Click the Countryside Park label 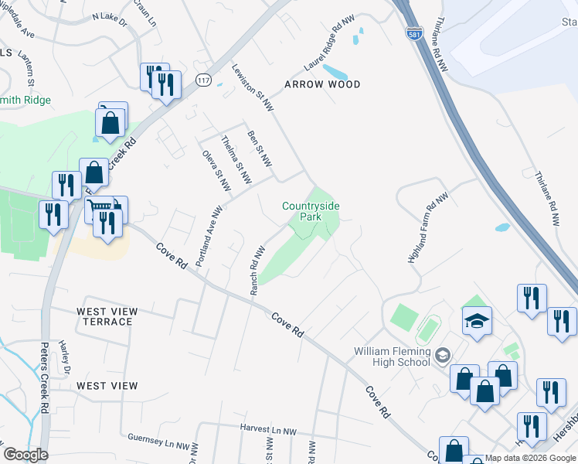click(x=311, y=212)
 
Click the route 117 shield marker click(x=204, y=80)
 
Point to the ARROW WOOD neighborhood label click(x=322, y=84)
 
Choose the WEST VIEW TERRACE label click(x=107, y=317)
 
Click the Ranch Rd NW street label click(x=257, y=270)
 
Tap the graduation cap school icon click(x=477, y=320)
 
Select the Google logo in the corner click(x=25, y=455)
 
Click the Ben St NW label click(x=260, y=149)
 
